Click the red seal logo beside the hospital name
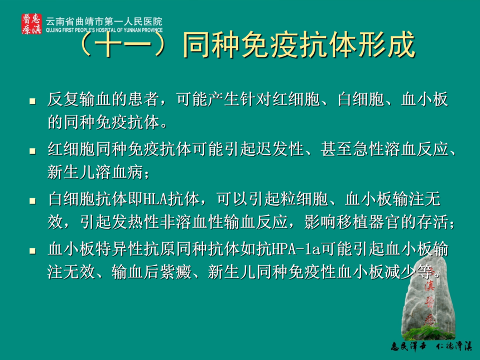point(31,23)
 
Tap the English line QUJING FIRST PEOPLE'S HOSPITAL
point(104,30)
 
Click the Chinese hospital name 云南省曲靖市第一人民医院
point(104,21)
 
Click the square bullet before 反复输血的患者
point(32,101)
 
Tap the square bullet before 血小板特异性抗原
point(32,251)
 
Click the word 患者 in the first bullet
point(144,99)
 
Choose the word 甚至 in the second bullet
point(336,149)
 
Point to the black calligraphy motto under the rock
point(431,346)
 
